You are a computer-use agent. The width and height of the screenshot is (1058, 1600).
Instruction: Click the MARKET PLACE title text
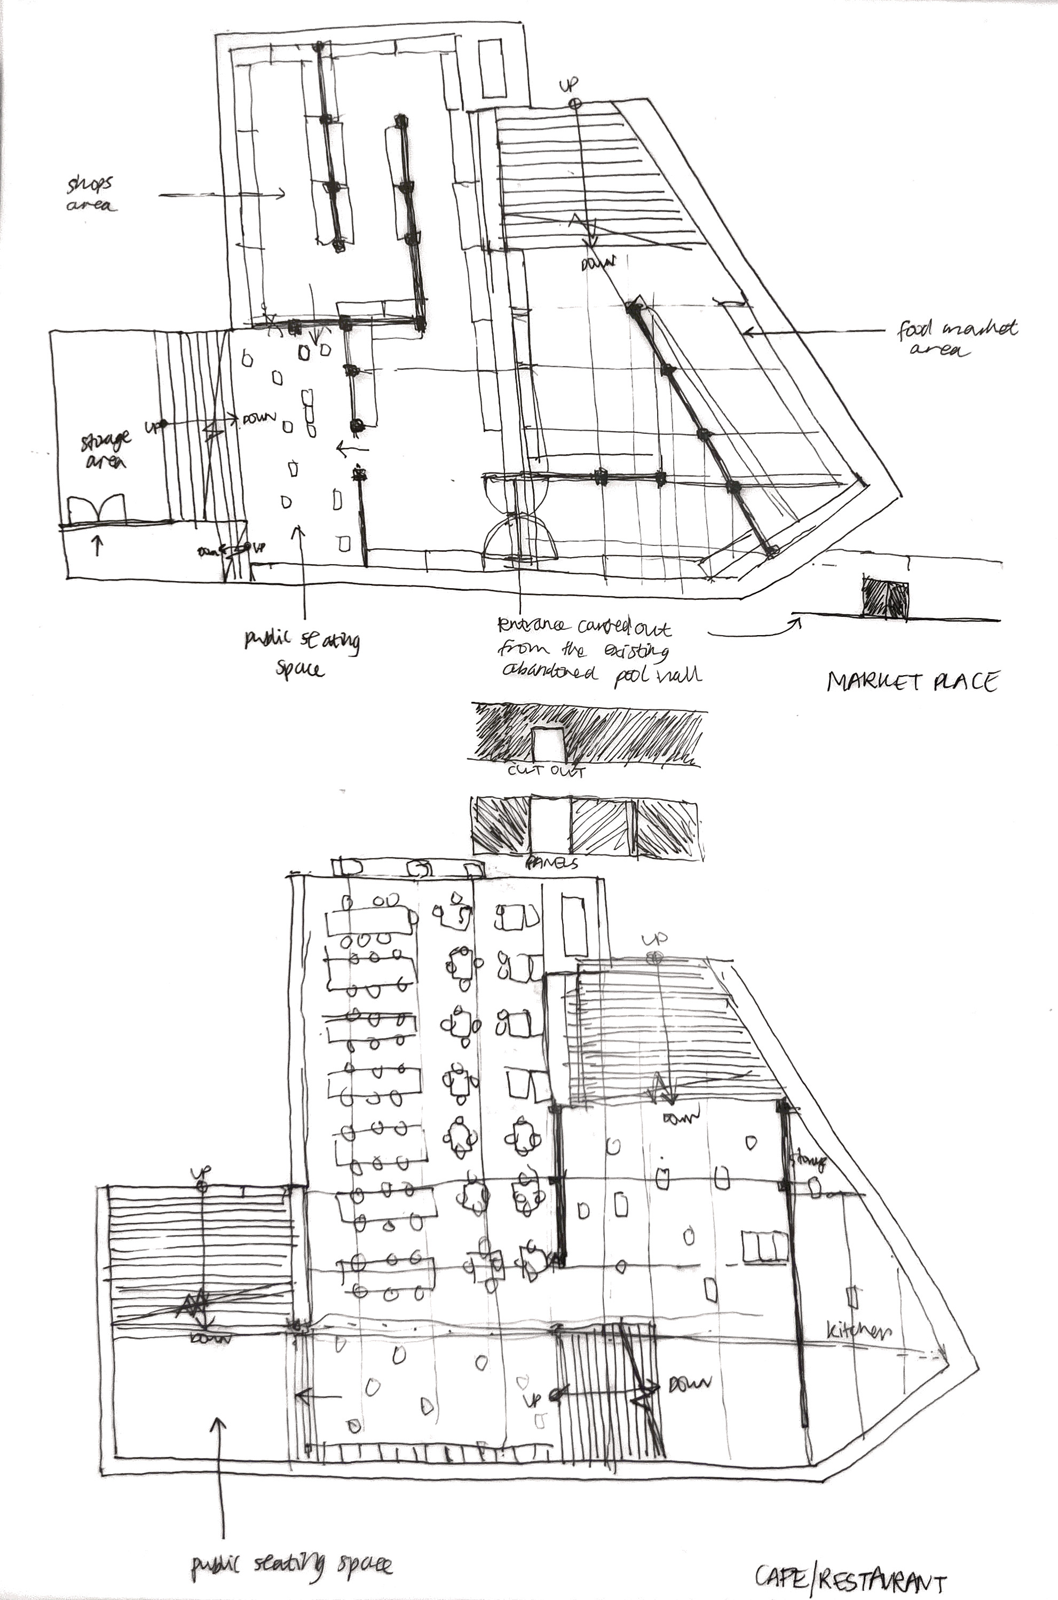[912, 682]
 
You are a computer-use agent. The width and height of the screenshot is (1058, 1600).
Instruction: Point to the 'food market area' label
[956, 338]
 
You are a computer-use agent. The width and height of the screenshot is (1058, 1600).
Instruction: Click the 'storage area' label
[105, 450]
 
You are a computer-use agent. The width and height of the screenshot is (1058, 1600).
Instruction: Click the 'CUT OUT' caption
[546, 770]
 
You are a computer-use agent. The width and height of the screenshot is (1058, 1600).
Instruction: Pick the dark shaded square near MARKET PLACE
[885, 597]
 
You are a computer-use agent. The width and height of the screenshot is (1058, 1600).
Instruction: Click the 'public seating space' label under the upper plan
[302, 653]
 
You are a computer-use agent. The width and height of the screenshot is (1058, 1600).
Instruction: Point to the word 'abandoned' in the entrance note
[549, 672]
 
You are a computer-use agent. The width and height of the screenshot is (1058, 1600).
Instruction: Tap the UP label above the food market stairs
[569, 86]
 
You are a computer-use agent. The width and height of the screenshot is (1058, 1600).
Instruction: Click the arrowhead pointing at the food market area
[746, 332]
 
